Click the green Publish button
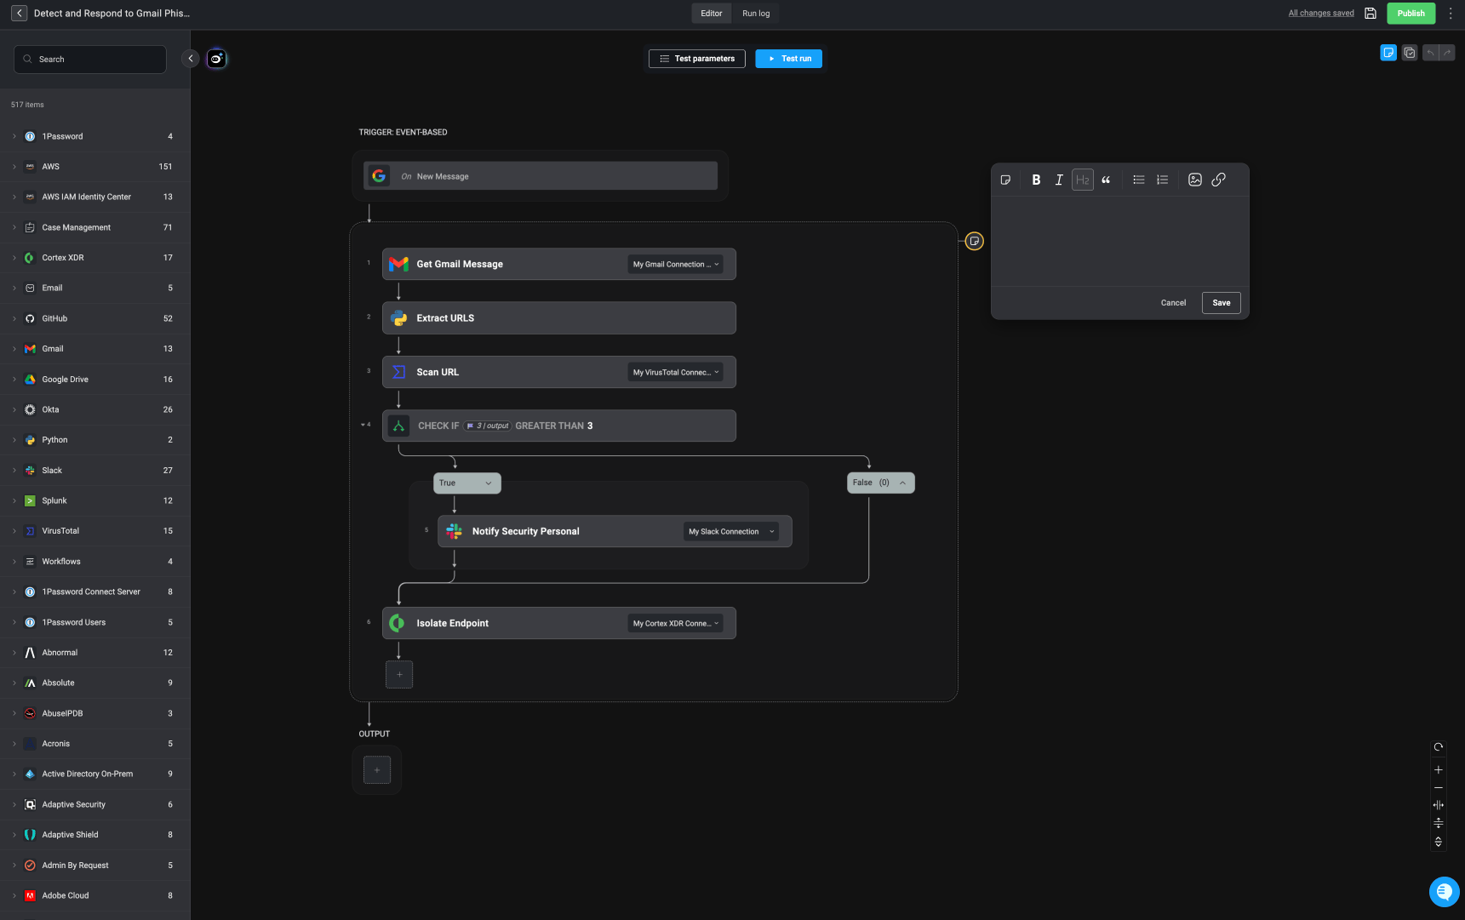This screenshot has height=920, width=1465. [1411, 13]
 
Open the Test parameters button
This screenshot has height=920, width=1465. [697, 59]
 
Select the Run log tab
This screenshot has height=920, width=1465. [756, 14]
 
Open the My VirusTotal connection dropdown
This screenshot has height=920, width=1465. [676, 372]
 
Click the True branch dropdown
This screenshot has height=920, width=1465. [466, 483]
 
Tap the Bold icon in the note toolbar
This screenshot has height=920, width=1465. [1036, 180]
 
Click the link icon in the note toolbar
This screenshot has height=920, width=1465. [1218, 180]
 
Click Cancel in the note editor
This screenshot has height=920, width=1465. [1173, 303]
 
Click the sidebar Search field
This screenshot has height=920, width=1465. [90, 60]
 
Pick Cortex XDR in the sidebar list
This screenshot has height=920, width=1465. [63, 258]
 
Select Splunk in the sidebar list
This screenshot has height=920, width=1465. [54, 500]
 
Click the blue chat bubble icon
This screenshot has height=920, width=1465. [1444, 891]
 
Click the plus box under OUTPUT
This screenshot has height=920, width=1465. [377, 770]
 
